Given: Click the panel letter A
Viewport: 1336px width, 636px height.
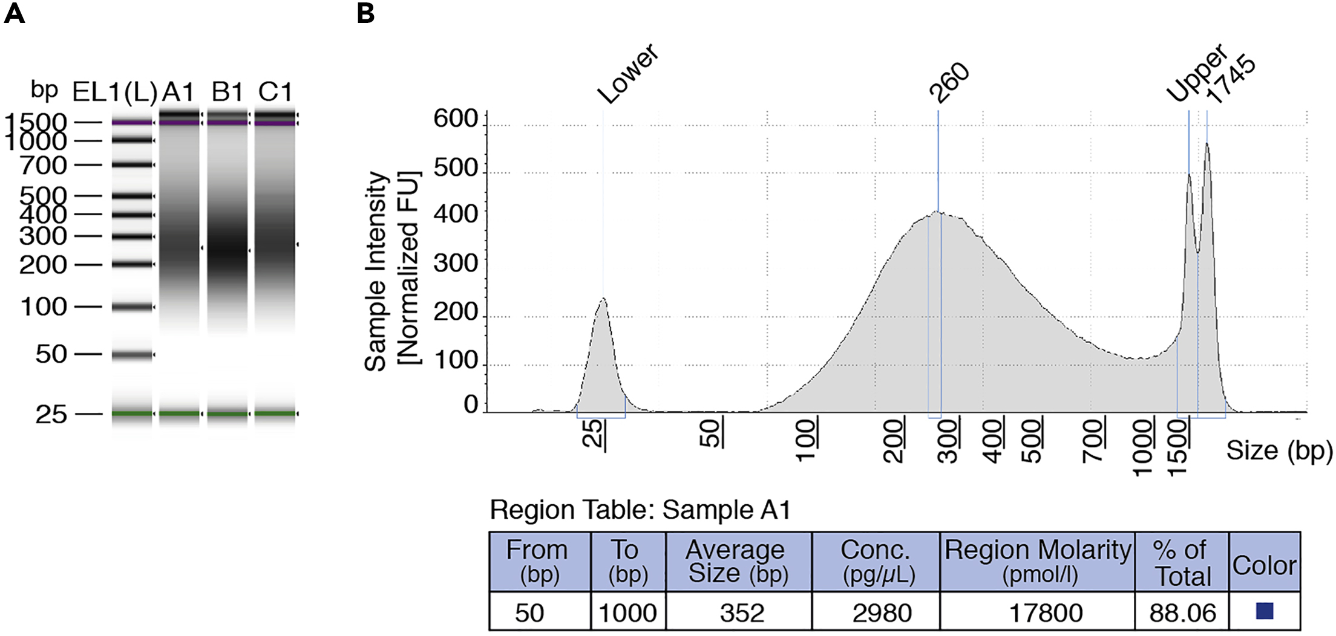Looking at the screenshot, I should tap(14, 13).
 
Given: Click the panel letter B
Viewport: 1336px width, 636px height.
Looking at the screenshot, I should tap(365, 13).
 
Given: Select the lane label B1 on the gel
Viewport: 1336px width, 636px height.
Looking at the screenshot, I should tap(228, 92).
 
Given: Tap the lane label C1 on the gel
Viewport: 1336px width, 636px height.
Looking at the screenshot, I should tap(275, 92).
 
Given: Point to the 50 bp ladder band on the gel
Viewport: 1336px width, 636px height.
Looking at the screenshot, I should tap(132, 355).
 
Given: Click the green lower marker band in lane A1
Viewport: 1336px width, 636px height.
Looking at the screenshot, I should tap(179, 414).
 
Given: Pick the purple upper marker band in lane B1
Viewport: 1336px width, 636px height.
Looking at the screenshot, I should tap(227, 123).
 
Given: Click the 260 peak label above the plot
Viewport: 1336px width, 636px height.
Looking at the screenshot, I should tap(949, 83).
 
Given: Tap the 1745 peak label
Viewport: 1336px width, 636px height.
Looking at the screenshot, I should tap(1231, 80).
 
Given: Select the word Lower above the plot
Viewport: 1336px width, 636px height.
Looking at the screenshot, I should tap(627, 74).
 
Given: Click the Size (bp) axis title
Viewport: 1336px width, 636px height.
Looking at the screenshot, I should tap(1279, 450).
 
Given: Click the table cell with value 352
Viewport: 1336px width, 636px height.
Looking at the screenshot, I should tap(742, 613).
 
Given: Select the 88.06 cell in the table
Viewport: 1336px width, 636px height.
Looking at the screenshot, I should tap(1182, 613).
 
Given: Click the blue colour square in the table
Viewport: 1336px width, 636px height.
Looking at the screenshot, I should tap(1264, 611).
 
